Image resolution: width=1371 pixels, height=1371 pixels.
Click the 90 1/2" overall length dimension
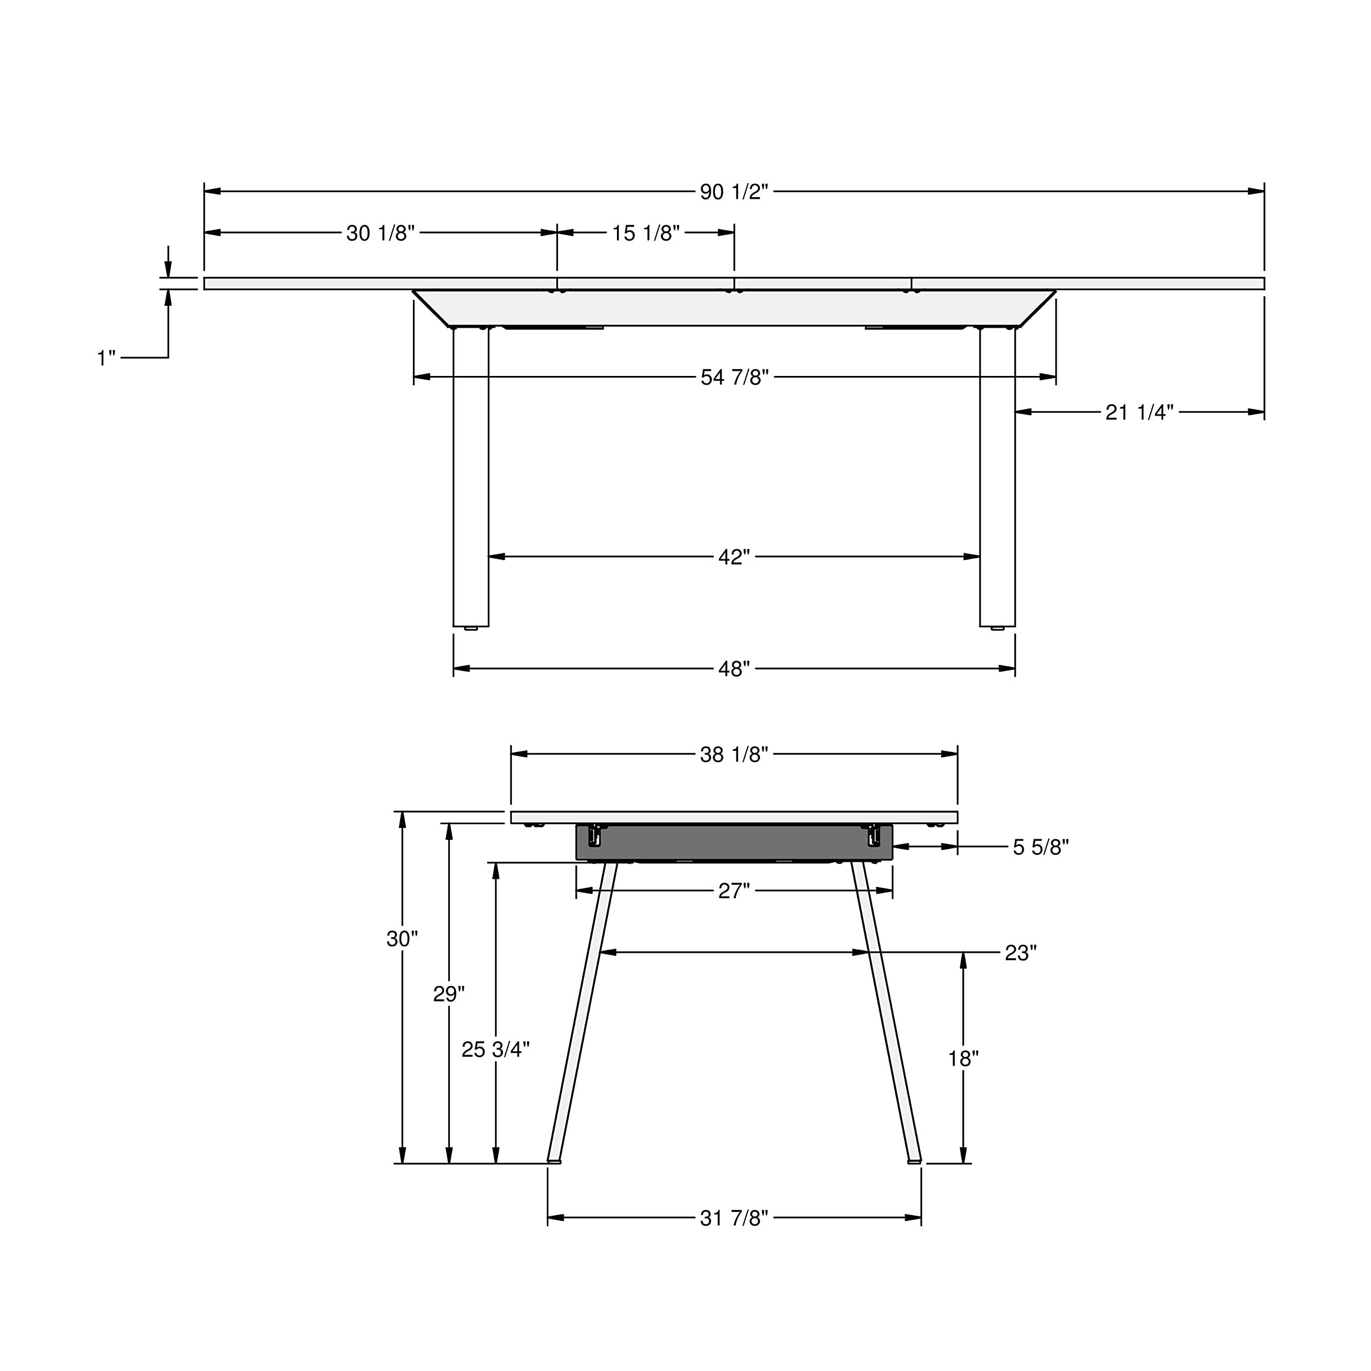click(734, 192)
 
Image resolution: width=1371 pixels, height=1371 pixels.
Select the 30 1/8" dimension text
click(380, 233)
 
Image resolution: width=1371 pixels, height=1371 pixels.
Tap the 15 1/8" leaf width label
click(646, 233)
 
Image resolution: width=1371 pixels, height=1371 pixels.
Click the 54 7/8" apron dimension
click(734, 377)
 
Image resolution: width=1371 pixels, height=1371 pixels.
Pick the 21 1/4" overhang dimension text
click(1139, 412)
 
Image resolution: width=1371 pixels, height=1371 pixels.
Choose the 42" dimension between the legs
click(734, 557)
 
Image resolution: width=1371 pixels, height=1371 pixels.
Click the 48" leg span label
click(734, 668)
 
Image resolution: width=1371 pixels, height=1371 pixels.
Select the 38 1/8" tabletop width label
click(734, 755)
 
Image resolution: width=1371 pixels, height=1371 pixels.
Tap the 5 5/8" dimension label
click(1041, 847)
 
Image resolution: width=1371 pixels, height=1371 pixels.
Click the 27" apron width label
click(734, 891)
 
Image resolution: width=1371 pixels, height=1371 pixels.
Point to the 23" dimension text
click(1020, 953)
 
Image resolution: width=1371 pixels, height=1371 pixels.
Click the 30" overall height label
click(402, 939)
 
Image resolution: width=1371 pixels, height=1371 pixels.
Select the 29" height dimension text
click(448, 994)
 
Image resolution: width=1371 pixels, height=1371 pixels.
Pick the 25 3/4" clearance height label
click(495, 1049)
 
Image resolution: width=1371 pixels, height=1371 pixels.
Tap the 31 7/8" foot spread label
click(734, 1218)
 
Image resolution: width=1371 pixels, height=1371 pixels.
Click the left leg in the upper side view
click(471, 476)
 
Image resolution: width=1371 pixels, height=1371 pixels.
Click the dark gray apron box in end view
click(734, 842)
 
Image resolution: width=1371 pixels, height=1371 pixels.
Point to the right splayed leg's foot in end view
click(914, 1161)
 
